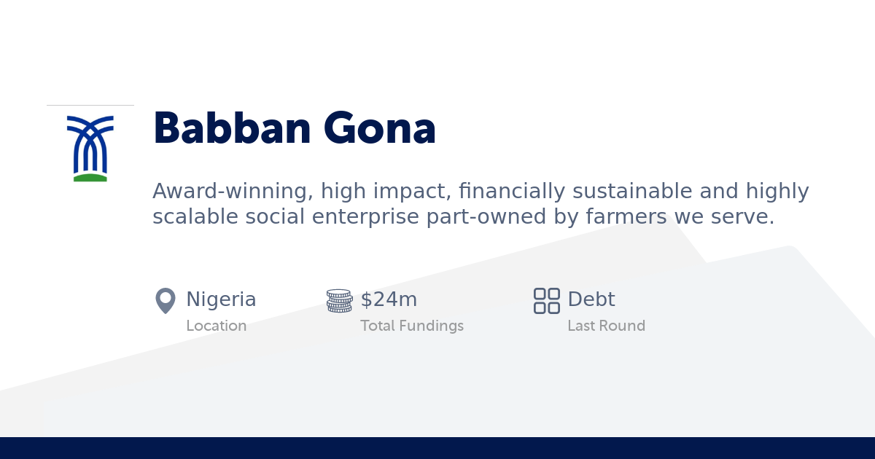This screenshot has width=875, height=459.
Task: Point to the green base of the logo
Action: click(x=90, y=177)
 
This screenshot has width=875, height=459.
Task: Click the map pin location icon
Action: click(x=166, y=300)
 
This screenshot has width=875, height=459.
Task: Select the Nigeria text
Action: click(x=221, y=299)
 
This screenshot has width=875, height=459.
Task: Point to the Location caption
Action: click(x=216, y=326)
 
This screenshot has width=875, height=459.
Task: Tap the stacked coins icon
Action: click(x=339, y=300)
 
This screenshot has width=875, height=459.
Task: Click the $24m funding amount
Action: click(x=389, y=299)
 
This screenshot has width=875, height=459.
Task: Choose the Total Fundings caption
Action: click(x=412, y=326)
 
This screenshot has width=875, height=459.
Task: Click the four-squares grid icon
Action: click(x=547, y=300)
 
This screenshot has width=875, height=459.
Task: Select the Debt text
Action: click(x=591, y=299)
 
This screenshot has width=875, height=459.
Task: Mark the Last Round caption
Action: click(x=606, y=326)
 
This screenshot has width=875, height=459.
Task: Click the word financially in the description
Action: click(x=512, y=192)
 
